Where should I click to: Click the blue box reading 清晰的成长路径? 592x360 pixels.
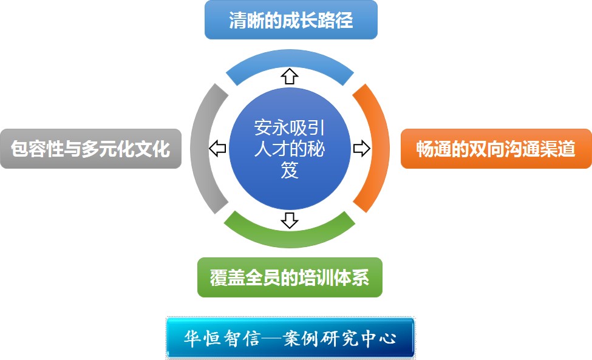click(291, 20)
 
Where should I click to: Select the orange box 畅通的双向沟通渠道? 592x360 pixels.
click(496, 149)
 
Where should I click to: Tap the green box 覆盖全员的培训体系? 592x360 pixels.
click(290, 277)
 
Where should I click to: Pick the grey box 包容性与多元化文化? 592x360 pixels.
click(90, 149)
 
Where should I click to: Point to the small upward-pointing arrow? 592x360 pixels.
click(290, 76)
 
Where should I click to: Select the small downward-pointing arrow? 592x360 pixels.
click(290, 220)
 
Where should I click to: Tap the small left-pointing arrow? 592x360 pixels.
click(217, 148)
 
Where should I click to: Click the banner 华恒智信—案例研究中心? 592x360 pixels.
click(290, 337)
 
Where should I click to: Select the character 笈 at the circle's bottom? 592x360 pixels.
click(290, 171)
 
